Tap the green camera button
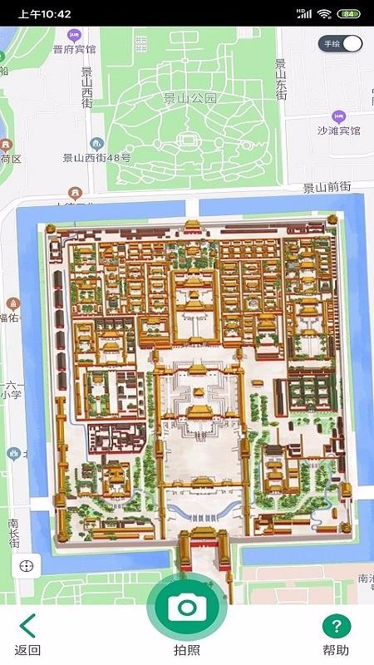[x=187, y=608]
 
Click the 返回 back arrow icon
[x=27, y=625]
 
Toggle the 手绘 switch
[x=342, y=43]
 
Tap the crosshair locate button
[x=27, y=566]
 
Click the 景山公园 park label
[x=189, y=98]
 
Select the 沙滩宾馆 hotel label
[x=338, y=131]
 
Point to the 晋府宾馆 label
[x=74, y=49]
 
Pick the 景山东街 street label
[x=281, y=80]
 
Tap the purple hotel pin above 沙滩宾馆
[x=338, y=116]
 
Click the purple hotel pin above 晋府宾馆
[x=74, y=35]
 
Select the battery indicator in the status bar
[x=350, y=14]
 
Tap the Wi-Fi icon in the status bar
[x=324, y=14]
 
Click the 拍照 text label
[x=187, y=650]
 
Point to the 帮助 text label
[x=336, y=650]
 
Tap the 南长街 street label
[x=14, y=533]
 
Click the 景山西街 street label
[x=87, y=86]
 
